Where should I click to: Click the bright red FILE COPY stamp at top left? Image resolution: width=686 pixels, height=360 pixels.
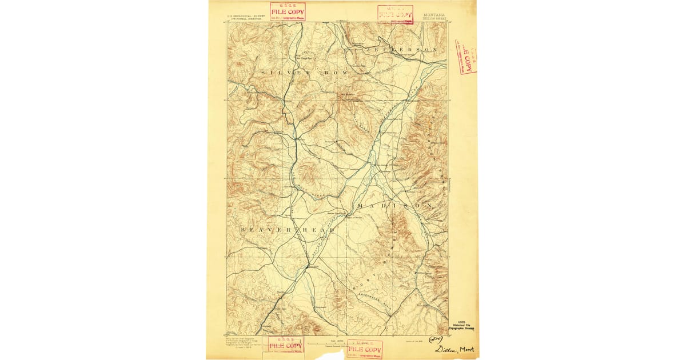pyautogui.click(x=288, y=11)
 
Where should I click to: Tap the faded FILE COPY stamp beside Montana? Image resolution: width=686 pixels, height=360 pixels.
pyautogui.click(x=395, y=13)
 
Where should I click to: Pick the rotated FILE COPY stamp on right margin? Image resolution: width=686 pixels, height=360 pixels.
pyautogui.click(x=465, y=57)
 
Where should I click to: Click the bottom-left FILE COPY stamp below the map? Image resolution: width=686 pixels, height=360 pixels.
pyautogui.click(x=285, y=345)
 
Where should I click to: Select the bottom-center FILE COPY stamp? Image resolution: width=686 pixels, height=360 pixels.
pyautogui.click(x=364, y=349)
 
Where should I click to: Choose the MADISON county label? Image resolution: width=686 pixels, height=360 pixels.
pyautogui.click(x=394, y=205)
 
